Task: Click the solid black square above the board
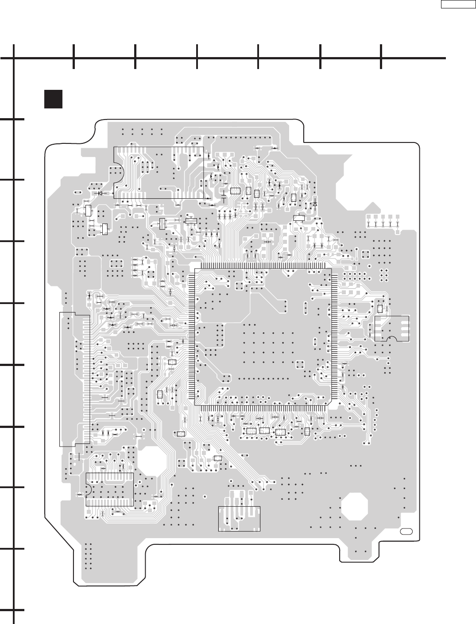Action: [52, 99]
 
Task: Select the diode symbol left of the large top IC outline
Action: [100, 193]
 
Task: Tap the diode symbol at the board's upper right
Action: [315, 204]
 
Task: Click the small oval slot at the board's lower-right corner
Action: [406, 531]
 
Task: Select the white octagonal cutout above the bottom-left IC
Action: [154, 460]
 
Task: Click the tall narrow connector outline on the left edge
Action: [74, 378]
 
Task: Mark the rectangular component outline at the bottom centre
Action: [239, 519]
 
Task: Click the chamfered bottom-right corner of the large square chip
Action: [329, 403]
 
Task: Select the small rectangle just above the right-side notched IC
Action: [380, 308]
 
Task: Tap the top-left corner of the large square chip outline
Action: [195, 268]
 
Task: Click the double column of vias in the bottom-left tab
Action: [87, 555]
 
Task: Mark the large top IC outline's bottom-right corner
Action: [203, 198]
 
